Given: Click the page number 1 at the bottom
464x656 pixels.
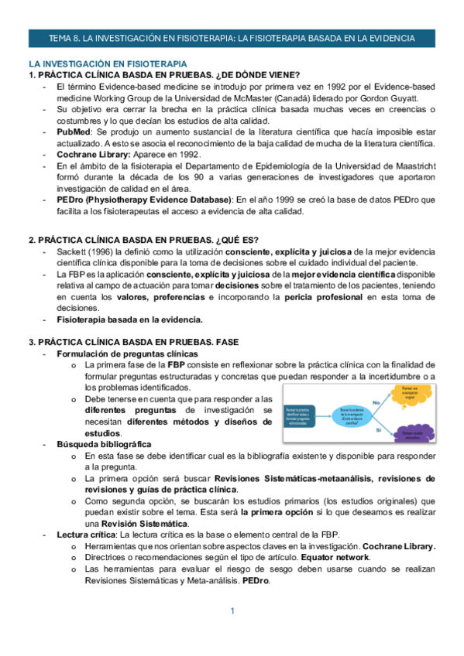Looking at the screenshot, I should (x=232, y=612).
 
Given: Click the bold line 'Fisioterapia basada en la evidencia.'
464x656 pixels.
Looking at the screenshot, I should (x=129, y=319).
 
